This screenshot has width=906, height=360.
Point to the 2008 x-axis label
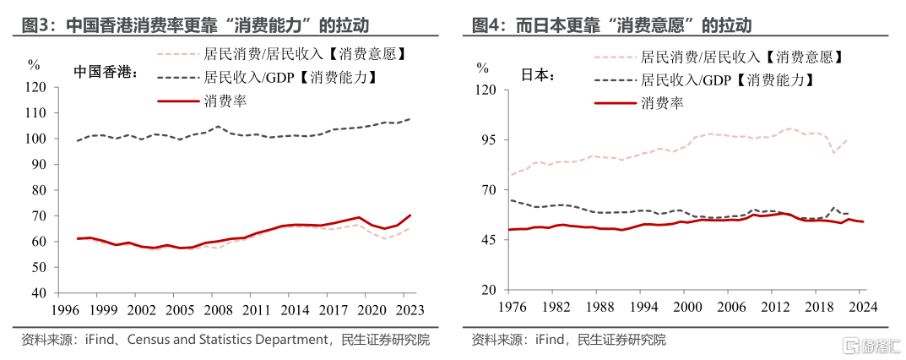220,310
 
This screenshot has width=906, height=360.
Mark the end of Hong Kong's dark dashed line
410,119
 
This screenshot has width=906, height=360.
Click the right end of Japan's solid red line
863,221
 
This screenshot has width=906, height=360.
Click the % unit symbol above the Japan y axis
482,68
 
